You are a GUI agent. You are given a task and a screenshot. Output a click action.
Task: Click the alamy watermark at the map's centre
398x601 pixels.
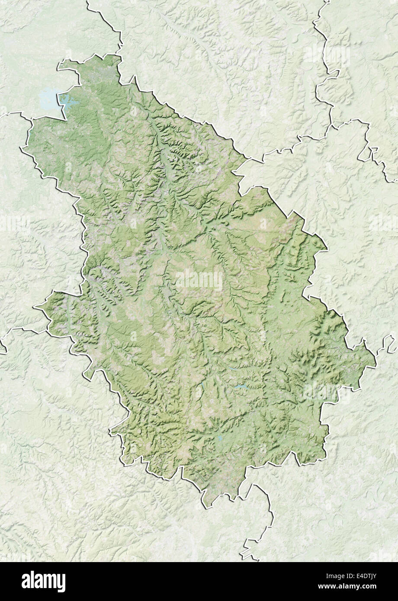click(199, 280)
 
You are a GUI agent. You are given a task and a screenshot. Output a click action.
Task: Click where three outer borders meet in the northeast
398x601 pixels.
click(332, 125)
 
